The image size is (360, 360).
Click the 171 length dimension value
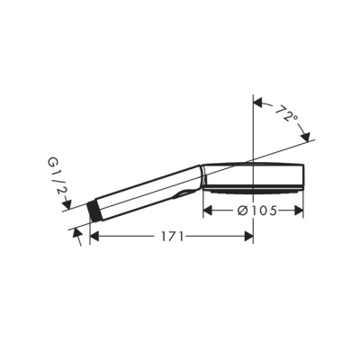click(172, 237)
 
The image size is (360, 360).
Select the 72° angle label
click(287, 115)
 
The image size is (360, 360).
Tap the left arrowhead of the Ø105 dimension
click(207, 211)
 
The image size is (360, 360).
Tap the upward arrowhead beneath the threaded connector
click(78, 232)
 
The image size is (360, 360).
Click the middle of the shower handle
click(144, 190)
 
